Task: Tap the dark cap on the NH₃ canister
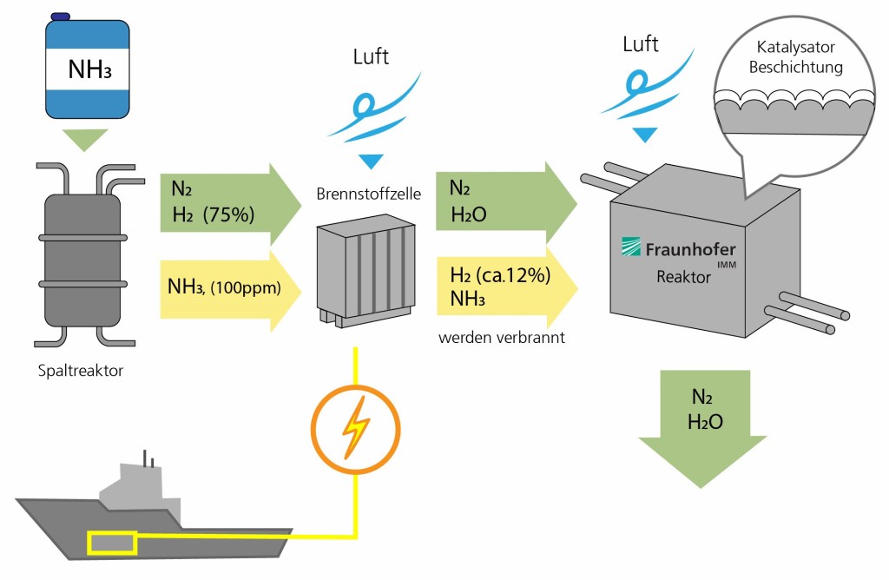pyautogui.click(x=61, y=16)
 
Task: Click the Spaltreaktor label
pyautogui.click(x=79, y=372)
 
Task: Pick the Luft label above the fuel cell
pyautogui.click(x=371, y=58)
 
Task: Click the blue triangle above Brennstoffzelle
pyautogui.click(x=371, y=161)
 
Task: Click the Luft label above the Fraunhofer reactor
pyautogui.click(x=642, y=43)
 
